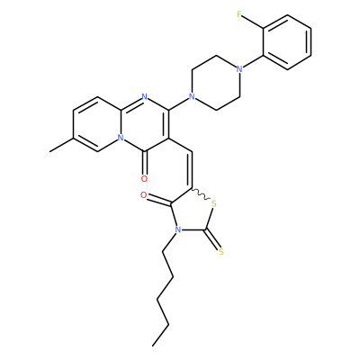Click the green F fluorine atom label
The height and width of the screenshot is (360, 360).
click(239, 14)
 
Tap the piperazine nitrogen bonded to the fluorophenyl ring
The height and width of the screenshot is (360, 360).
click(239, 69)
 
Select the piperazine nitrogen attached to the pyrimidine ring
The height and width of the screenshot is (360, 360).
click(192, 97)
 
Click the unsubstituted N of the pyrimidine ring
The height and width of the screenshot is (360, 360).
click(144, 97)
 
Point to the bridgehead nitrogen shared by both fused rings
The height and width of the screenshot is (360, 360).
click(121, 138)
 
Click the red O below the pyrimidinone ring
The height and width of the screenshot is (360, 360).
click(144, 179)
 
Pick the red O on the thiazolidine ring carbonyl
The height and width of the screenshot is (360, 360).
click(144, 196)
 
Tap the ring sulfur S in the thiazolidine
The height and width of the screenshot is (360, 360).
click(213, 204)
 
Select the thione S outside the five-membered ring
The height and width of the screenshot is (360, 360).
click(221, 251)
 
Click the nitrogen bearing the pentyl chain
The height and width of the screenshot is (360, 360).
click(178, 230)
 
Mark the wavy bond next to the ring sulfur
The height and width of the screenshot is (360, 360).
click(201, 194)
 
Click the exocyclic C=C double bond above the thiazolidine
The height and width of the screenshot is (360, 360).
click(190, 169)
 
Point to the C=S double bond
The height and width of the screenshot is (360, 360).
click(212, 240)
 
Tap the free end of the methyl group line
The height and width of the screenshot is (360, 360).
click(49, 152)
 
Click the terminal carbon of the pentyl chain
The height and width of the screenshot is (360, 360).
click(153, 346)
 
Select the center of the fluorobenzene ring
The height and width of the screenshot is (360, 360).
click(287, 42)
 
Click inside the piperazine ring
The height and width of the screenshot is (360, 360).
click(215, 84)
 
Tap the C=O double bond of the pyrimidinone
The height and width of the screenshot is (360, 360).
click(144, 164)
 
